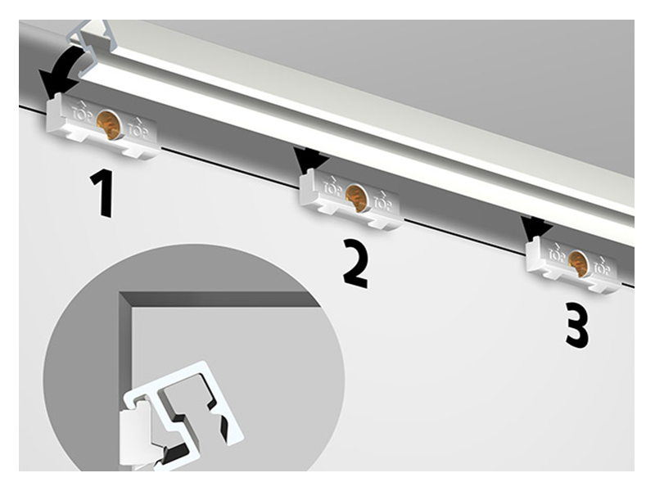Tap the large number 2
click(356, 263)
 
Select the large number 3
click(577, 325)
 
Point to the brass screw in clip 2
click(356, 196)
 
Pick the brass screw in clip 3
click(579, 263)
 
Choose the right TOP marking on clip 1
click(138, 128)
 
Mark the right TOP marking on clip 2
click(382, 201)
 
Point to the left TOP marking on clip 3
click(558, 252)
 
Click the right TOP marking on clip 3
click(602, 266)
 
